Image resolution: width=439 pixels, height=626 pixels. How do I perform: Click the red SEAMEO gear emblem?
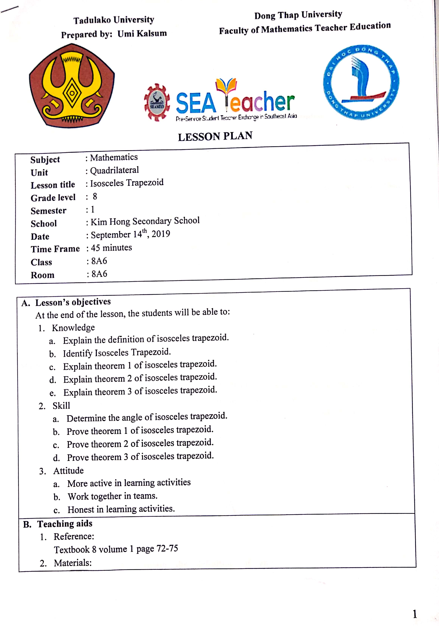tap(157, 103)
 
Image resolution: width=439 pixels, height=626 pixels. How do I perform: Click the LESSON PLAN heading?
tap(215, 136)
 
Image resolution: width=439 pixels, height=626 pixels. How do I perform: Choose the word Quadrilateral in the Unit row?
tap(114, 170)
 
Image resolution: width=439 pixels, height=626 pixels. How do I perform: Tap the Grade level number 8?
tap(95, 196)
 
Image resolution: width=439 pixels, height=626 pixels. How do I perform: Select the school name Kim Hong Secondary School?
tap(145, 221)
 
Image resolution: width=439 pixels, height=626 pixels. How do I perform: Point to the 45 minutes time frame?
tap(111, 248)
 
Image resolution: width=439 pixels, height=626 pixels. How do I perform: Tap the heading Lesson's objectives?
tap(73, 302)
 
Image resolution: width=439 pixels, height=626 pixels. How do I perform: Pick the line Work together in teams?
tap(112, 496)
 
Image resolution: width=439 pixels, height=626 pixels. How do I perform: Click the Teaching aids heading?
tap(65, 524)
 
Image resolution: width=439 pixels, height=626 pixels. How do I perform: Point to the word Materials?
tap(72, 563)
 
